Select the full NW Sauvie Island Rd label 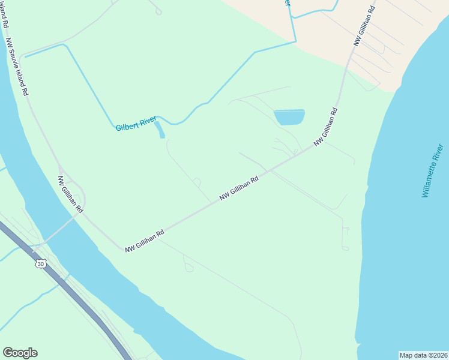coord(17,68)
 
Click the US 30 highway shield coord(40,264)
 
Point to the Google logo coord(20,353)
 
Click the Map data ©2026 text coord(423,355)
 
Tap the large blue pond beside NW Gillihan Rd coord(289,117)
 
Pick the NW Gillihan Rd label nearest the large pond coord(326,127)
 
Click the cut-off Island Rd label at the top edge coord(5,14)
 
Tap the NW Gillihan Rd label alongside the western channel coord(70,194)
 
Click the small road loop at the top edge coord(158,10)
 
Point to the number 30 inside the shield coord(40,264)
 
